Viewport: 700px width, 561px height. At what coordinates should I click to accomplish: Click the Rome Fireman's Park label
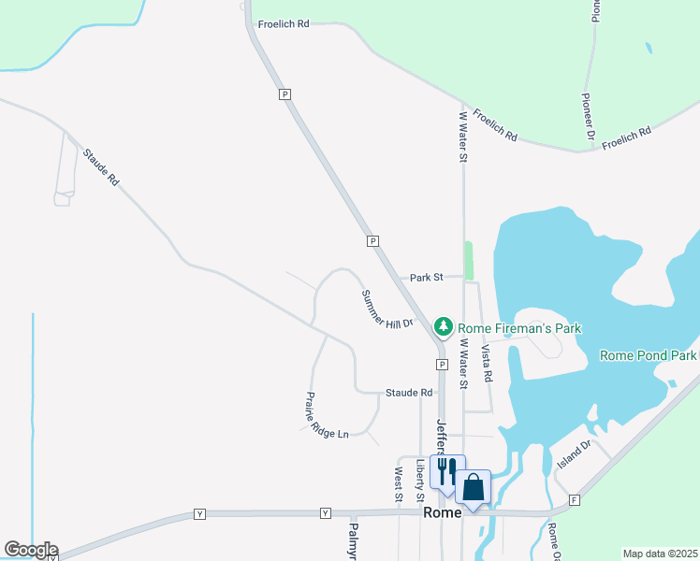pos(519,328)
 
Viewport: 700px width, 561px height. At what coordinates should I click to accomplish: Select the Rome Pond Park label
pos(649,356)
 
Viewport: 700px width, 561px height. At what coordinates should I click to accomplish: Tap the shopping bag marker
pos(474,486)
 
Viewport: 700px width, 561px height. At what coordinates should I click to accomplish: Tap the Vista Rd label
pos(486,364)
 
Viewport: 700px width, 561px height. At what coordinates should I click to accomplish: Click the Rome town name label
pos(442,513)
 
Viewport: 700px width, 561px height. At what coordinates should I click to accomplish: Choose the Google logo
pos(31,550)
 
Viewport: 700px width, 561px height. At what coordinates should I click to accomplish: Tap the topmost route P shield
pos(284,94)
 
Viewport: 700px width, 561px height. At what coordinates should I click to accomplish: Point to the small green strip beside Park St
pos(469,261)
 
